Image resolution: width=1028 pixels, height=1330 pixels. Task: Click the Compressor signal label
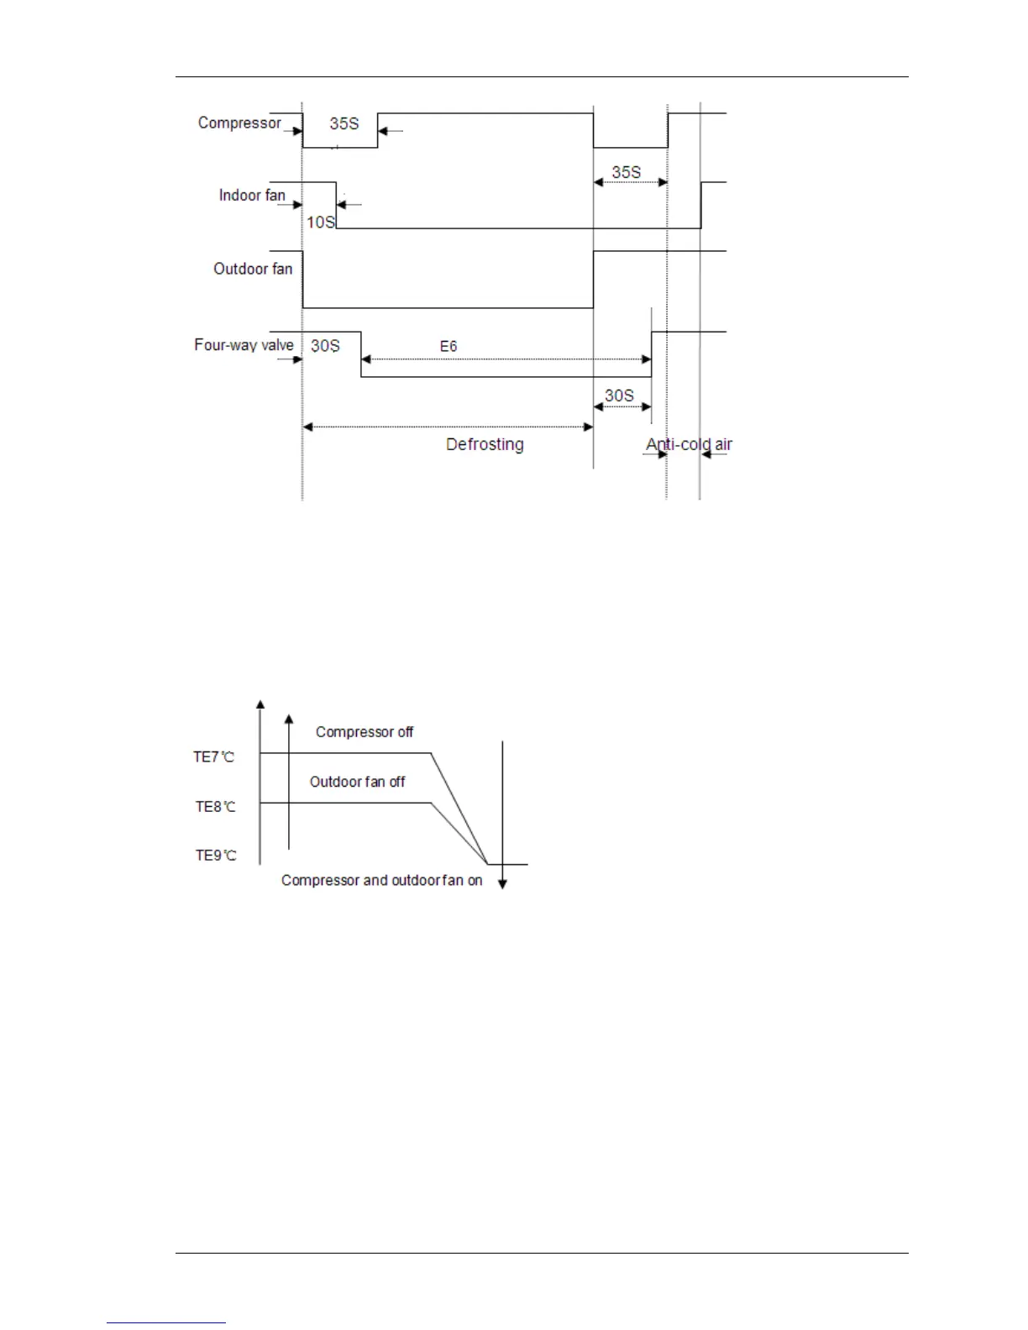point(239,123)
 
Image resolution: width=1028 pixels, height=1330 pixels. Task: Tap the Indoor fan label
point(252,195)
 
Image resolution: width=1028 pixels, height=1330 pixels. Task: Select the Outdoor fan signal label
point(253,269)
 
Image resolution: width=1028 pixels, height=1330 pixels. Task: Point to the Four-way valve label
point(244,344)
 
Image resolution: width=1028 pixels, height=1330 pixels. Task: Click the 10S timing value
point(320,223)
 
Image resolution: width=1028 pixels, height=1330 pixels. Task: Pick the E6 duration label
point(448,346)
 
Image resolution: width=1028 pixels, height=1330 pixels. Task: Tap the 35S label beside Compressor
point(344,123)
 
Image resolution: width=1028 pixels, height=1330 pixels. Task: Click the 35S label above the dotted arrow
point(626,172)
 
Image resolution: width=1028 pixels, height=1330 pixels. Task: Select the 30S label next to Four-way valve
point(325,346)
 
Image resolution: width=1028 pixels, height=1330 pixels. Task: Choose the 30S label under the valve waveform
point(619,395)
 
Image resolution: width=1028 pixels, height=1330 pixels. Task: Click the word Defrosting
point(485,444)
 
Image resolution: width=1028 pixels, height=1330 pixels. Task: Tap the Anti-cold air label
point(689,444)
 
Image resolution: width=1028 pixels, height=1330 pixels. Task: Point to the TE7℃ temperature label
point(214,757)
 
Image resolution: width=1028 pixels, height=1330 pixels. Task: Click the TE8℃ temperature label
point(216,807)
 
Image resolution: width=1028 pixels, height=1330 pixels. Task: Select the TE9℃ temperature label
point(216,856)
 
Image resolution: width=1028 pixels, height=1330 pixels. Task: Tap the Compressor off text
point(365,732)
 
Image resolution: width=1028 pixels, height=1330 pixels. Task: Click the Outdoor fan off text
point(357,782)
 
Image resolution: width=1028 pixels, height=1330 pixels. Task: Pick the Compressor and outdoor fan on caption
point(381,881)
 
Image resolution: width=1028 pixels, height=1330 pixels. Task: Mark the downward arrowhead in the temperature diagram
point(502,883)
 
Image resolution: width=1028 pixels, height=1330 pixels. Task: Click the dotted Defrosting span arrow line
point(448,427)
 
